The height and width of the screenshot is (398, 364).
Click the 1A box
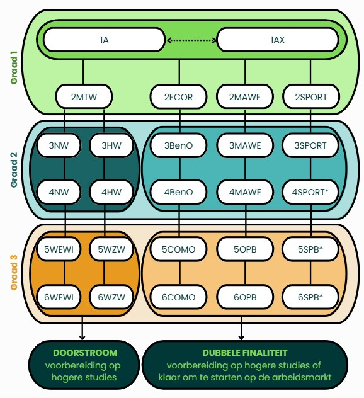click(104, 40)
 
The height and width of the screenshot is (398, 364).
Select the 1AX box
click(278, 40)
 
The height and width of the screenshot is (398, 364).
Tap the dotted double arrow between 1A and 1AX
click(191, 40)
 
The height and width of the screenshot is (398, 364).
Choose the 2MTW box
click(84, 97)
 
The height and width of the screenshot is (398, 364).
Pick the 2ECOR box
click(178, 97)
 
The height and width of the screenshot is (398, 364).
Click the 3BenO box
click(178, 145)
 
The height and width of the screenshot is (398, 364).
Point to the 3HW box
click(111, 145)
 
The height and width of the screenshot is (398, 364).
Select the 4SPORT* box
click(310, 192)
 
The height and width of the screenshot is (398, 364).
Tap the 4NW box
click(59, 192)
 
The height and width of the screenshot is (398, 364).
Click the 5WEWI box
click(59, 249)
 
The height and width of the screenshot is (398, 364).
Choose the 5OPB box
click(245, 249)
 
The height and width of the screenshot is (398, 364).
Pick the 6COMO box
click(178, 297)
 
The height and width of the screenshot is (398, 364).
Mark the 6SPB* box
click(310, 297)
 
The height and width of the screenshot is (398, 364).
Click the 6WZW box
click(111, 297)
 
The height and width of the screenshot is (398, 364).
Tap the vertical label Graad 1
click(14, 67)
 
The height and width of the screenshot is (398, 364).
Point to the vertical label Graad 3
click(14, 273)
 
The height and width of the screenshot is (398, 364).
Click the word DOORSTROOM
click(85, 353)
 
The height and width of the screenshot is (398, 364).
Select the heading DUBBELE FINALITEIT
click(245, 353)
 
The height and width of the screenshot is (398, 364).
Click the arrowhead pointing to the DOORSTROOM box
click(82, 338)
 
